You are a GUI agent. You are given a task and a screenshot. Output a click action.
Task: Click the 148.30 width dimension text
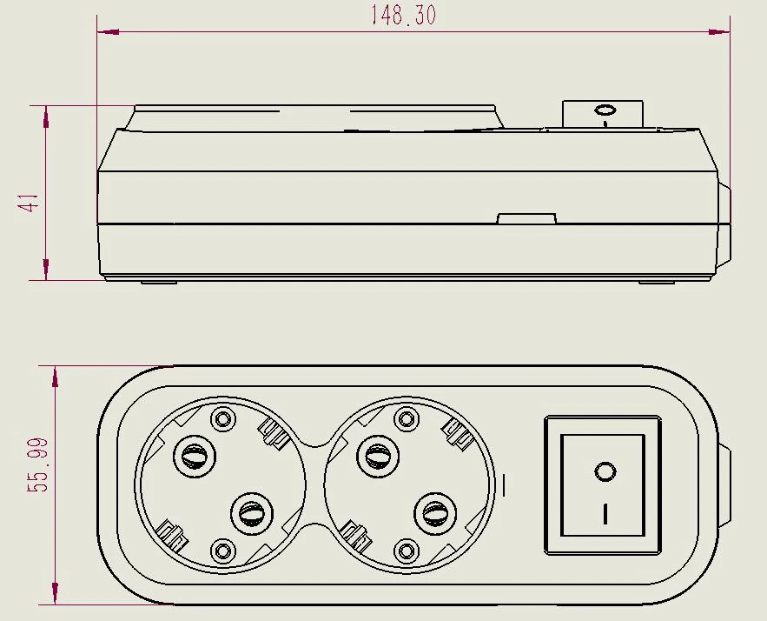click(402, 15)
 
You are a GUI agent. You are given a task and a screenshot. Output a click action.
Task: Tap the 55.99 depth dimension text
click(38, 464)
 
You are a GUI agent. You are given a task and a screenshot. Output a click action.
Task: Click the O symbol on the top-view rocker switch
click(605, 472)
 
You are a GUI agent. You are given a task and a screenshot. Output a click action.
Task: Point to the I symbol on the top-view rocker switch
click(605, 514)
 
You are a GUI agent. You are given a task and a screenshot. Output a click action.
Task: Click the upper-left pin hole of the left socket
click(195, 456)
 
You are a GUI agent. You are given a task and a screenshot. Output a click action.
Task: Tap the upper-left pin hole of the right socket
click(378, 456)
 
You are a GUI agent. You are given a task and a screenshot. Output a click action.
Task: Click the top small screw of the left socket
click(223, 418)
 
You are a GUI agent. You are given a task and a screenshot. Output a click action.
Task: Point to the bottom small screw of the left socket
click(223, 551)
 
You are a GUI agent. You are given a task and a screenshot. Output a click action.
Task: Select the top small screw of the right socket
click(407, 418)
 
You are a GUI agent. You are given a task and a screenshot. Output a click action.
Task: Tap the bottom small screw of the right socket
click(407, 551)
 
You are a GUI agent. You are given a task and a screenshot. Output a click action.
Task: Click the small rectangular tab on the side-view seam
click(526, 218)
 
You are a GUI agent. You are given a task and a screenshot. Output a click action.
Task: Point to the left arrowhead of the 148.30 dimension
click(108, 32)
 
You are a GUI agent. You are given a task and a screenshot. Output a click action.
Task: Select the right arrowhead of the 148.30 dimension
click(719, 32)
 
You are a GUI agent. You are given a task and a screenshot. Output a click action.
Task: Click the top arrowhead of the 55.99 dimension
click(55, 377)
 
